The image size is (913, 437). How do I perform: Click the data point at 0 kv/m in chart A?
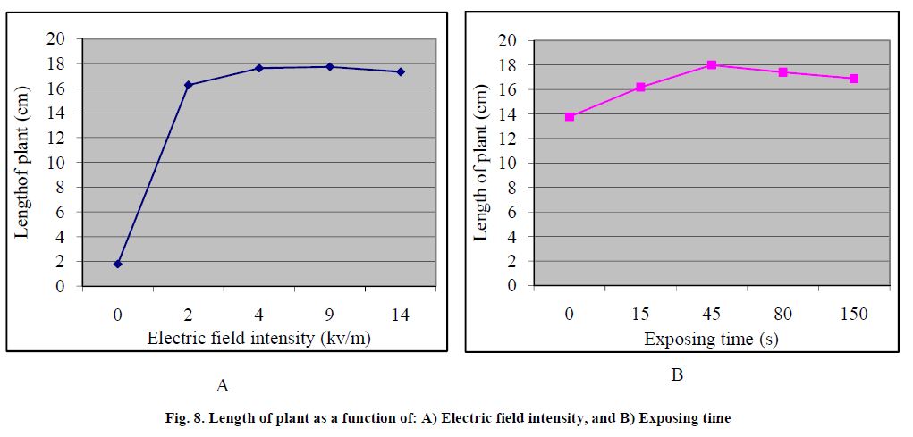coord(118,264)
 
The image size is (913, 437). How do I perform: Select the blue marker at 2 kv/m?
coord(189,85)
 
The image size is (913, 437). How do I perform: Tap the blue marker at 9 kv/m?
coord(330,67)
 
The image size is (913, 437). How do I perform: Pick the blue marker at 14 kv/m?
coord(401,71)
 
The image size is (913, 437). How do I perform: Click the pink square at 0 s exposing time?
coord(570,116)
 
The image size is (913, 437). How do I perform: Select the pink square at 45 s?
coord(712,64)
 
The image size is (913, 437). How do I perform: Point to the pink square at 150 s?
coord(854,79)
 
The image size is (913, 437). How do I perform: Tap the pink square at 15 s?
coord(640,87)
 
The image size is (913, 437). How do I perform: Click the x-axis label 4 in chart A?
coord(259,315)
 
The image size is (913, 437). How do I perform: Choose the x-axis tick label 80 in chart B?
coord(782,315)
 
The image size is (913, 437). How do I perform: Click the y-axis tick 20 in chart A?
coord(58,39)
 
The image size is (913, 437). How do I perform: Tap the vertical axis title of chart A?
coord(22,162)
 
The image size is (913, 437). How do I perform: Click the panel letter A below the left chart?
coord(224,386)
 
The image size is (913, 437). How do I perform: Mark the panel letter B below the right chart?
coord(677,375)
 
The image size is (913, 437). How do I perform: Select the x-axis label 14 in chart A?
coord(401,315)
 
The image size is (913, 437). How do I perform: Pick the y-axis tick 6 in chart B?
coord(511,213)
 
